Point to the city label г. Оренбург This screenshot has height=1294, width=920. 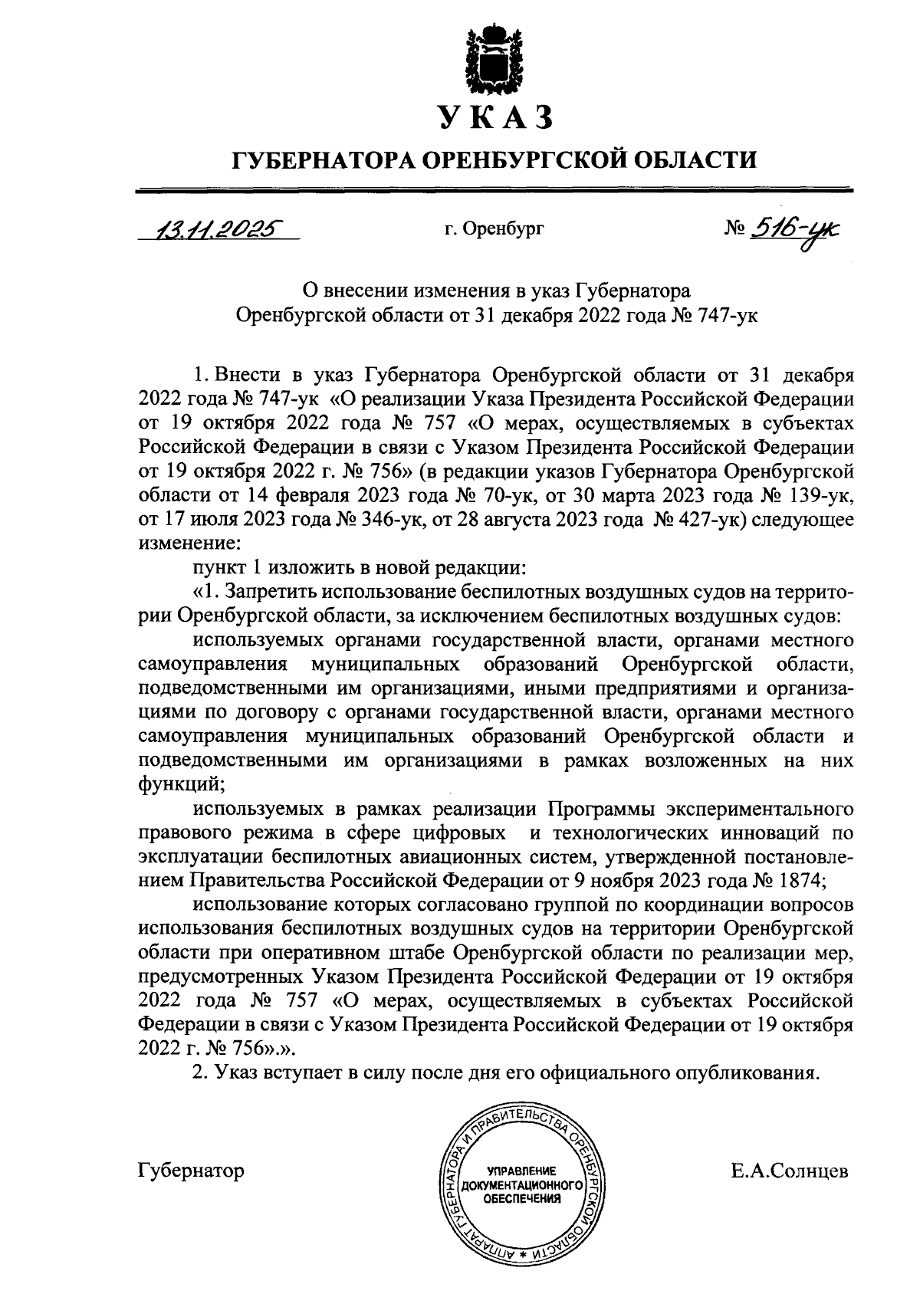[494, 228]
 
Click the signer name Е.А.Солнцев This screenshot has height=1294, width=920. [790, 1171]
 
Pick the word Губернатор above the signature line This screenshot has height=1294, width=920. [192, 1171]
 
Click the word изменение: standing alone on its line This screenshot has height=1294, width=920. [189, 543]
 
